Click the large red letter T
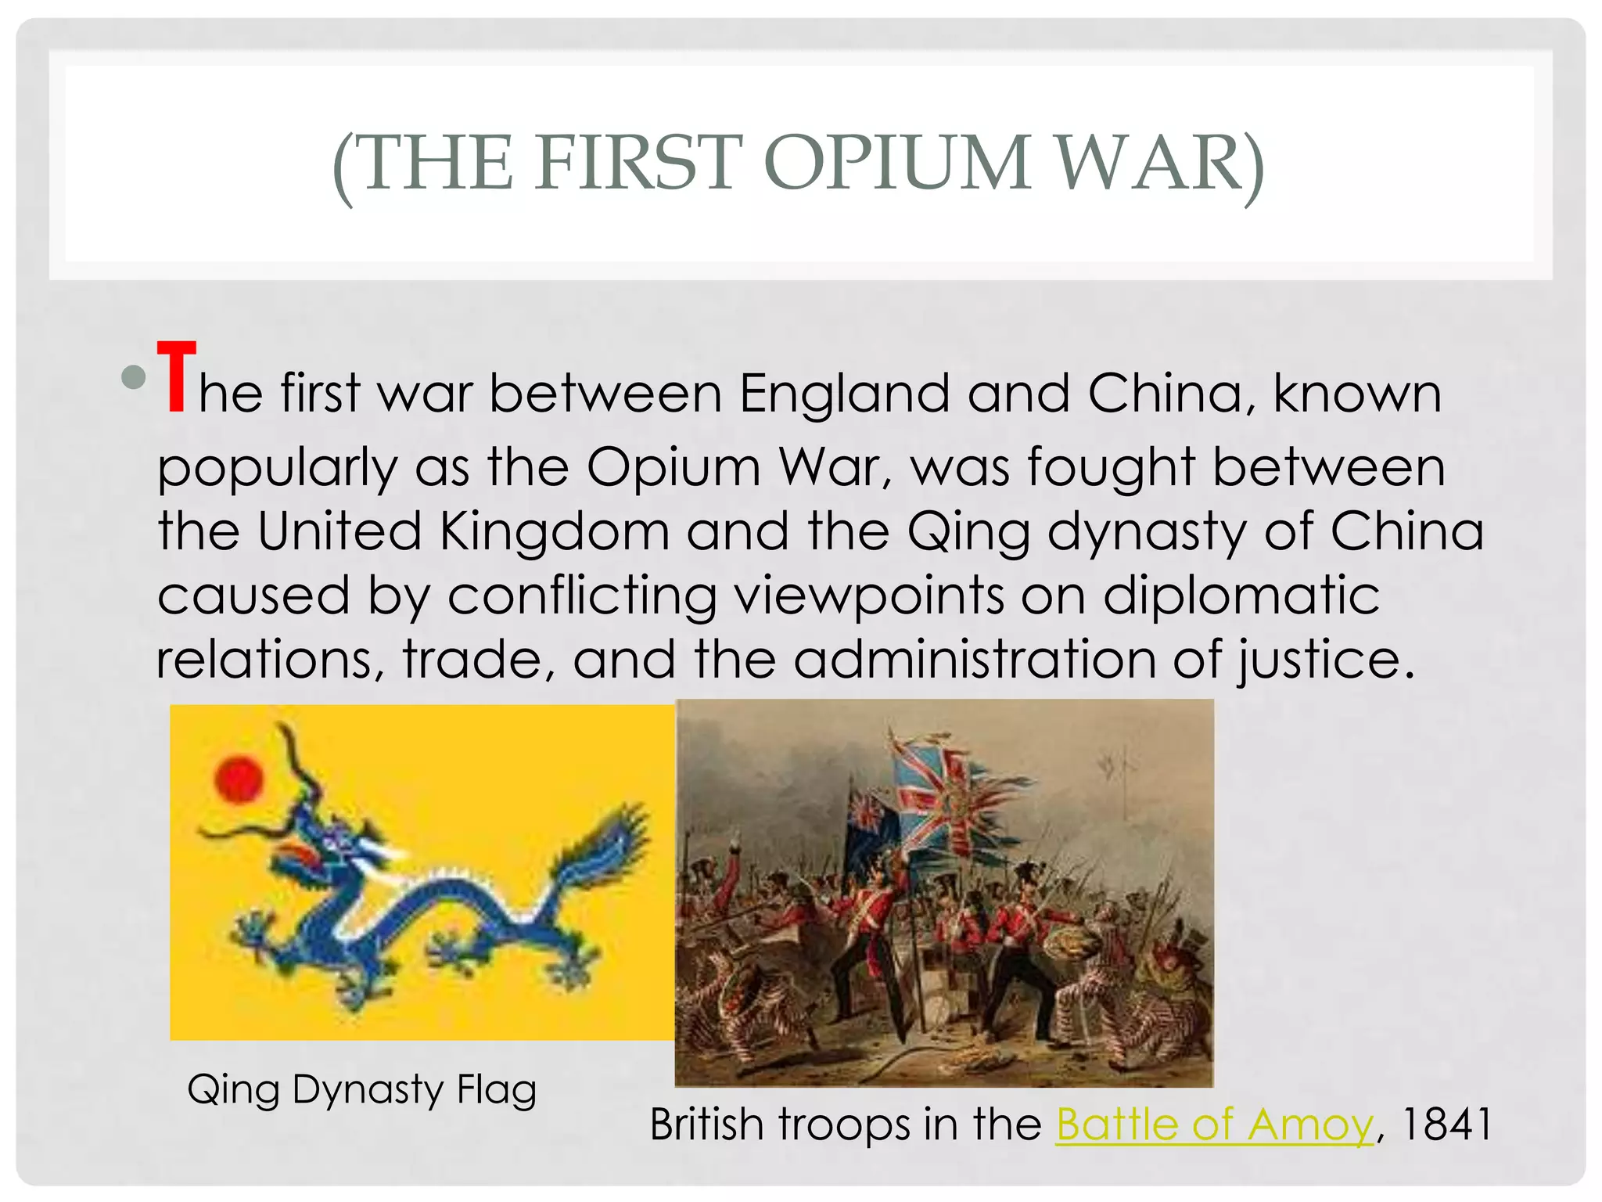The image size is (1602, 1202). coord(176,377)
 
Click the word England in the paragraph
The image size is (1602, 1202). coord(845,393)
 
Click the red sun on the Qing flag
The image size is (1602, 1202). coord(239,779)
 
